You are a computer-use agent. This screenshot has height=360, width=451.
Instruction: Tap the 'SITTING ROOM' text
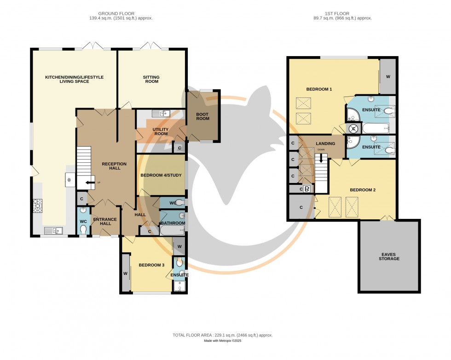[x=151, y=79]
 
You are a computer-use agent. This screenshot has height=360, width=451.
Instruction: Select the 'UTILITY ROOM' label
[x=160, y=132]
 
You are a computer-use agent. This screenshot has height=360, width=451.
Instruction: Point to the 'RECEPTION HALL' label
[x=111, y=166]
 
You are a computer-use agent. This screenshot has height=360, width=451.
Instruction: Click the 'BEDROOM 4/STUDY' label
[x=161, y=175]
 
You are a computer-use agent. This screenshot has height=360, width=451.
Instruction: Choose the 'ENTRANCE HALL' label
[x=105, y=222]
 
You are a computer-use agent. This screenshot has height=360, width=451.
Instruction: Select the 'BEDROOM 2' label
[x=362, y=190]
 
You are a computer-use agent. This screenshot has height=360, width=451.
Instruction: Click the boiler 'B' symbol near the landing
[x=307, y=189]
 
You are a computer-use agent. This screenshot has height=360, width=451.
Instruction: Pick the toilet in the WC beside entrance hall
[x=83, y=229]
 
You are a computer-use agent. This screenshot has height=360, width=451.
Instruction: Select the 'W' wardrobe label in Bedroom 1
[x=387, y=77]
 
